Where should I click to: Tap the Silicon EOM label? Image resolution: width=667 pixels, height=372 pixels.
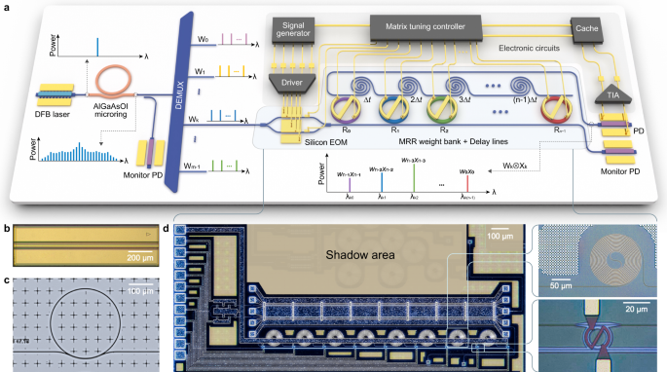pos(289,143)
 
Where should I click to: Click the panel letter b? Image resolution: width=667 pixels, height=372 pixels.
pos(7,231)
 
